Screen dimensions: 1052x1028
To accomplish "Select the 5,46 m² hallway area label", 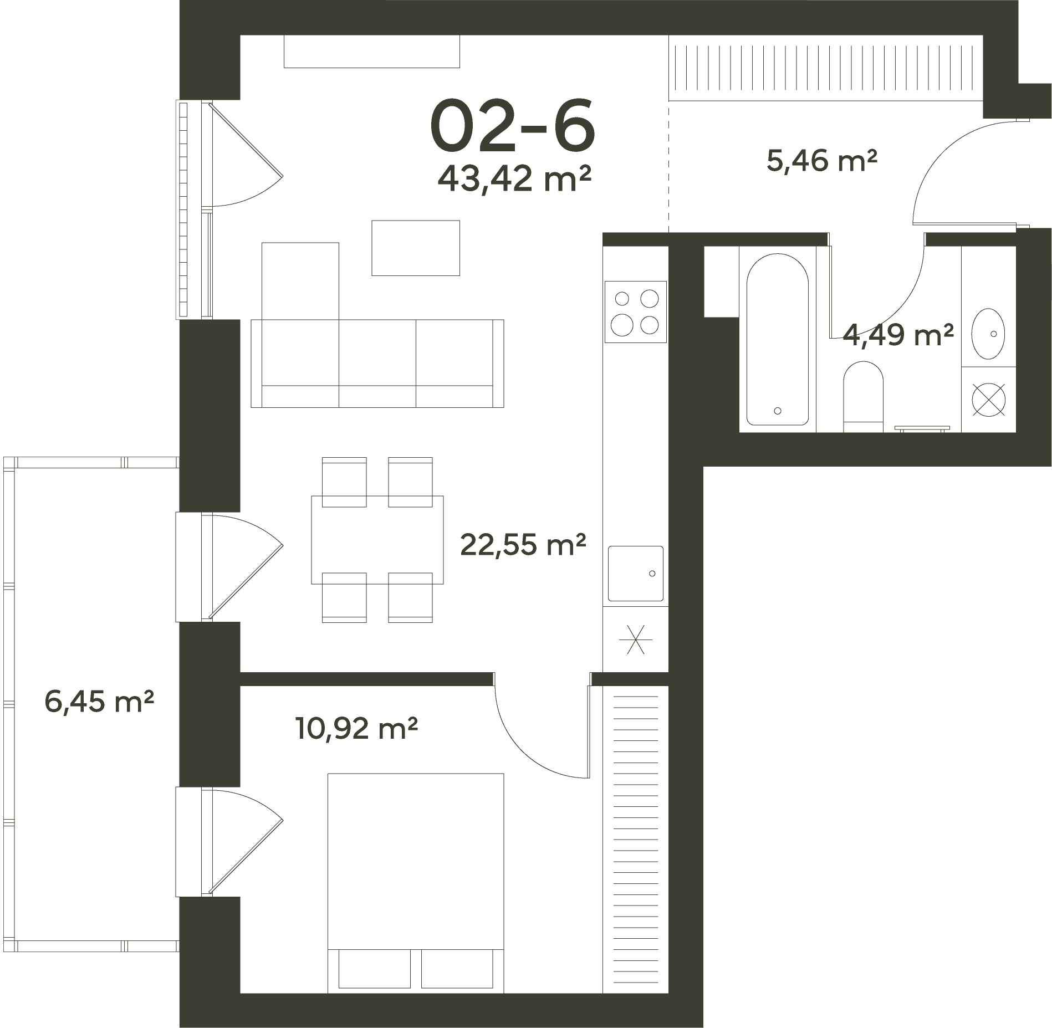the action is (x=822, y=161).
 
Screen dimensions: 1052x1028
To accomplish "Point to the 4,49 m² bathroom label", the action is (x=898, y=335).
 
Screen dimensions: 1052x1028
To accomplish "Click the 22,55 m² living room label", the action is (x=523, y=545).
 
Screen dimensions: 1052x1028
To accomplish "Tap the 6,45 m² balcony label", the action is (x=99, y=702).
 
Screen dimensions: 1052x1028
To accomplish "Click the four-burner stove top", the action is (x=635, y=311).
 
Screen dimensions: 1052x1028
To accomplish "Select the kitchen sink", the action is (x=635, y=574).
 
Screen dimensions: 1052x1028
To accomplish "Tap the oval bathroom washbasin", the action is (x=989, y=334).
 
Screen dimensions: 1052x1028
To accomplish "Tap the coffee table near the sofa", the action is (x=416, y=248).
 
